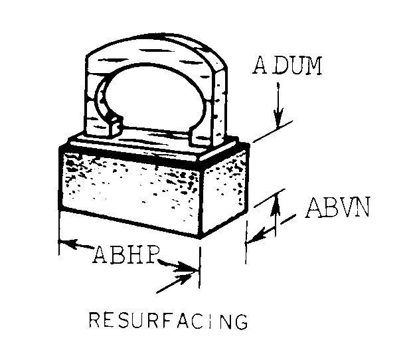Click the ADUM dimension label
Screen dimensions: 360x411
(287, 66)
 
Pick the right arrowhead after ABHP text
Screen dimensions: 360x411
(192, 270)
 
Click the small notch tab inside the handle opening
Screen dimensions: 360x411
(114, 124)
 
